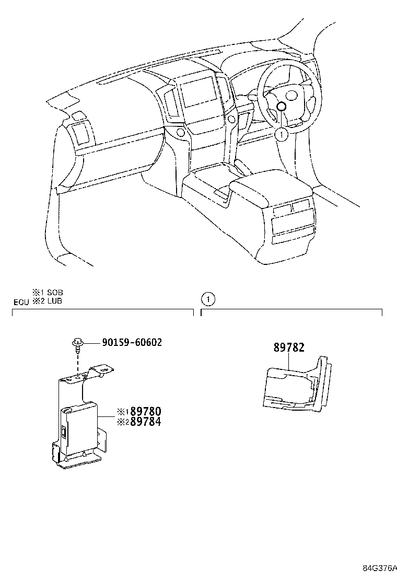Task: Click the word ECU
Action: point(21,301)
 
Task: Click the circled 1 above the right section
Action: point(208,299)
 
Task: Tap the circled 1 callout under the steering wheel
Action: point(281,134)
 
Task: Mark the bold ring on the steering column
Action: point(281,107)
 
